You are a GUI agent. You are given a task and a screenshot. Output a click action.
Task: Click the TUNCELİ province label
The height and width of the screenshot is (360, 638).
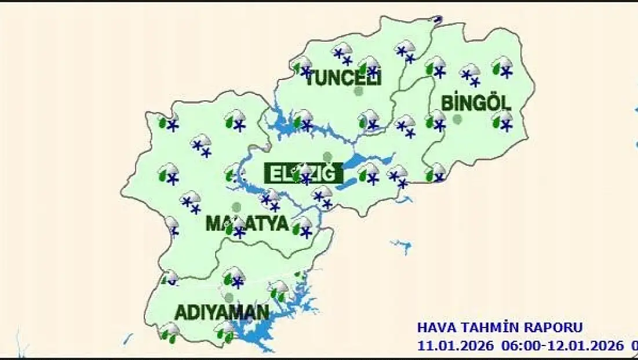click(342, 79)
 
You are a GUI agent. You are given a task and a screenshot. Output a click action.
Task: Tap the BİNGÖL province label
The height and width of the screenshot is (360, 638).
click(476, 104)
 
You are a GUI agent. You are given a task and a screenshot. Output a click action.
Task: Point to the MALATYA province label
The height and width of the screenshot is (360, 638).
click(247, 224)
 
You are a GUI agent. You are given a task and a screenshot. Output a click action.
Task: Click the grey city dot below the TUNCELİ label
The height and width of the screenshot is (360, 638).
click(359, 91)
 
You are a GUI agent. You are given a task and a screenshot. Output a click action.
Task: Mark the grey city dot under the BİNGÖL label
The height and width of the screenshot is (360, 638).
click(457, 119)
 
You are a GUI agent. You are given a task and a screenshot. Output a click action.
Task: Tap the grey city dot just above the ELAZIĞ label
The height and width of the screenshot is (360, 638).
click(327, 157)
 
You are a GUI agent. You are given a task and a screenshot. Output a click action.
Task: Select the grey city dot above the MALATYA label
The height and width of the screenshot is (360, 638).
click(236, 207)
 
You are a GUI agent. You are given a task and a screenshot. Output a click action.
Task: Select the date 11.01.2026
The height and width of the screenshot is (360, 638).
click(455, 346)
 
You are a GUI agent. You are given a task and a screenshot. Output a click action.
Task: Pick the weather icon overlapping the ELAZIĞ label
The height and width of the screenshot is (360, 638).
click(302, 173)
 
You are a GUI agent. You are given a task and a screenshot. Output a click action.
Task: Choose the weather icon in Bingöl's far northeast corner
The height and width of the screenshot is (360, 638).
click(502, 67)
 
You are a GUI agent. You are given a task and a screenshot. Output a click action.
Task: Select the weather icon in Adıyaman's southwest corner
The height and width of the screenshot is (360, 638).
click(169, 332)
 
